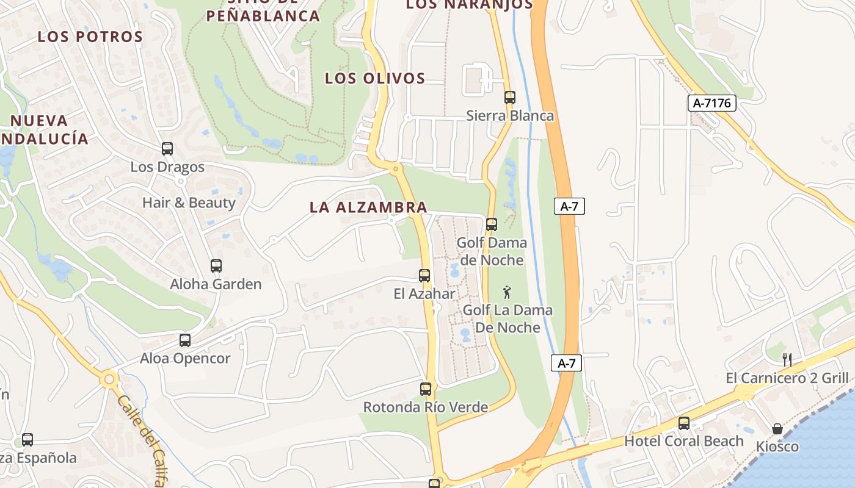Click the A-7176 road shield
[x=713, y=103]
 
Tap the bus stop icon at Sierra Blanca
[x=509, y=97]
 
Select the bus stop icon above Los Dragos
[x=167, y=148]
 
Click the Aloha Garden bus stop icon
[x=216, y=265]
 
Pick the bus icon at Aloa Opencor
[x=184, y=340]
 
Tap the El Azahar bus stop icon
[x=424, y=275]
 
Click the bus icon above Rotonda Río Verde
[x=426, y=389]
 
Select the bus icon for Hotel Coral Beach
[x=683, y=423]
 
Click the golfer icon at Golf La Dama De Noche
[x=507, y=292]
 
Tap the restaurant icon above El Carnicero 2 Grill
[x=787, y=359]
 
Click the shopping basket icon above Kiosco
[x=777, y=429]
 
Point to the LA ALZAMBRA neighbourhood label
[x=368, y=207]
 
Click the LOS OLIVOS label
[x=375, y=78]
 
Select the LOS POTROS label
[x=90, y=37]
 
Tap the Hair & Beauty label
[x=189, y=203]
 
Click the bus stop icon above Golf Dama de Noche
[x=492, y=224]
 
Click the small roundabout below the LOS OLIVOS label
[x=396, y=168]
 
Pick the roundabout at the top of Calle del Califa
[x=109, y=380]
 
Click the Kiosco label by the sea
[x=777, y=447]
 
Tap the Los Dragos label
[x=167, y=167]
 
